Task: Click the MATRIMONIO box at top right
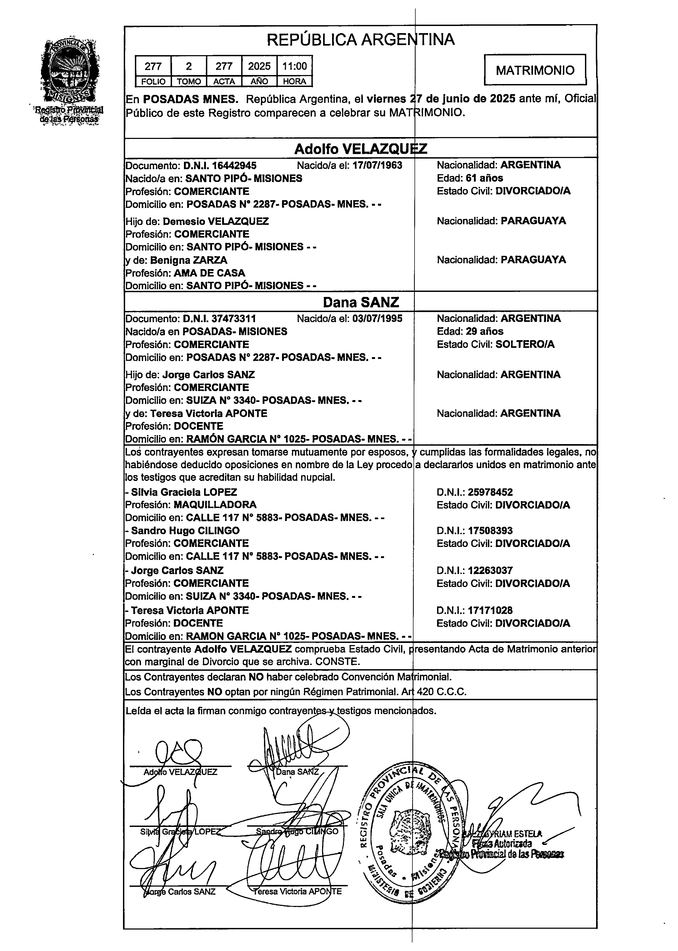pos(535,70)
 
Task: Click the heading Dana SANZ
pos(361,302)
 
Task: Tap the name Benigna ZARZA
pos(189,260)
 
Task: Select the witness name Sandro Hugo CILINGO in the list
pos(185,531)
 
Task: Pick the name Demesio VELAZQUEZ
pos(215,221)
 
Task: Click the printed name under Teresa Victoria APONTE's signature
pos(298,891)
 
